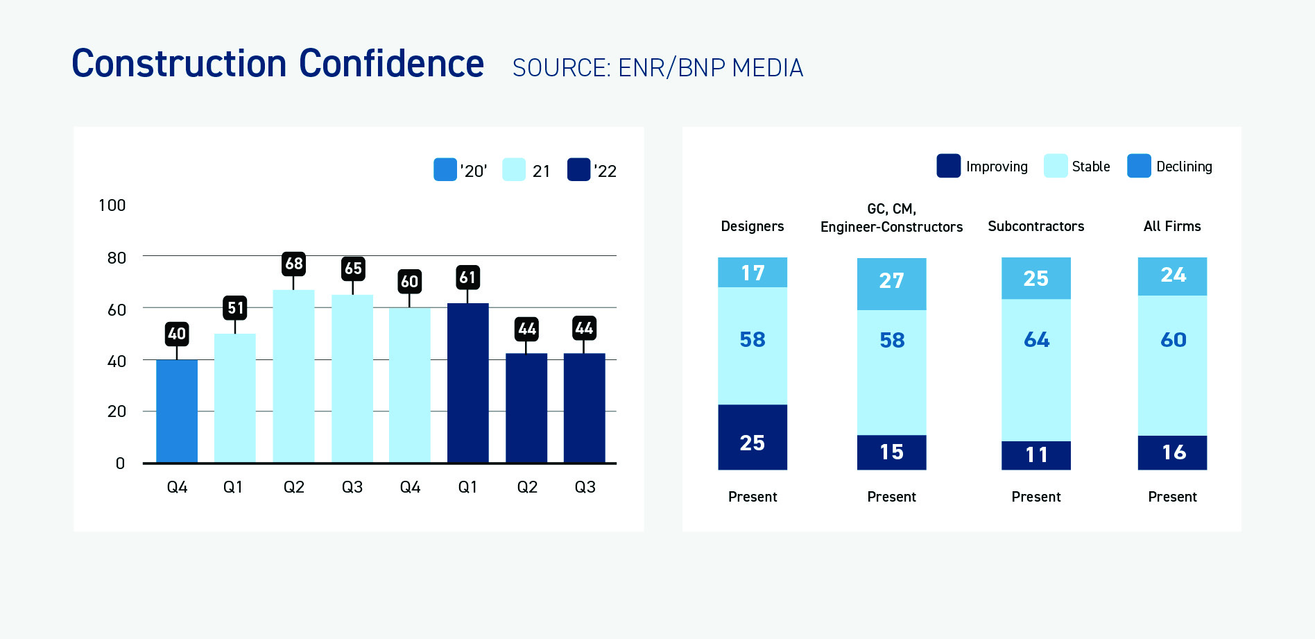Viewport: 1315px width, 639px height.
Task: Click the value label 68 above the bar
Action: pyautogui.click(x=294, y=264)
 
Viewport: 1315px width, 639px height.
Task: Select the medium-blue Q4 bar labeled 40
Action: pyautogui.click(x=177, y=411)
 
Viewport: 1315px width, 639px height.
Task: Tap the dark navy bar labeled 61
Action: pyautogui.click(x=467, y=383)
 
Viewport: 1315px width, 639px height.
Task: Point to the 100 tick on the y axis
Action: pyautogui.click(x=112, y=205)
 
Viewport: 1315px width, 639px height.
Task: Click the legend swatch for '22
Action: pyautogui.click(x=578, y=170)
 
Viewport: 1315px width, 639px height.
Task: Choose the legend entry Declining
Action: pyautogui.click(x=1183, y=167)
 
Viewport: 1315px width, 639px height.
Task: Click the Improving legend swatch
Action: pyautogui.click(x=948, y=167)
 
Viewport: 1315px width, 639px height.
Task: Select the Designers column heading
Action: pyautogui.click(x=752, y=226)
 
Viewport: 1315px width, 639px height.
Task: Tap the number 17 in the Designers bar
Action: pyautogui.click(x=753, y=273)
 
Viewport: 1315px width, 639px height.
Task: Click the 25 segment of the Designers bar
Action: pyautogui.click(x=753, y=443)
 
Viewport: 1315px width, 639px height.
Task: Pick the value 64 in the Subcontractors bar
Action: pyautogui.click(x=1036, y=339)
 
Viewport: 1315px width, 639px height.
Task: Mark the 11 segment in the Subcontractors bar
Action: pyautogui.click(x=1036, y=454)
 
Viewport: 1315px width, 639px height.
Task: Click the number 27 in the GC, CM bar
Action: pyautogui.click(x=891, y=280)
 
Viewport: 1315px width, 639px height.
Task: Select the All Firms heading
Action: pyautogui.click(x=1172, y=226)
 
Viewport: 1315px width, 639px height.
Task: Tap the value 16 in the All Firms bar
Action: pyautogui.click(x=1174, y=452)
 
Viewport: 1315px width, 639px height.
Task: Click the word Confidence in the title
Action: pyautogui.click(x=391, y=64)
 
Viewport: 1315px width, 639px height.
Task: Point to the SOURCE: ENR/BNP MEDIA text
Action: pyautogui.click(x=657, y=68)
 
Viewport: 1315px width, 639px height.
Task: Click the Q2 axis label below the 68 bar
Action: pyautogui.click(x=294, y=487)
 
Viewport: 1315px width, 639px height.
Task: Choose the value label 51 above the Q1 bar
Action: pyautogui.click(x=235, y=308)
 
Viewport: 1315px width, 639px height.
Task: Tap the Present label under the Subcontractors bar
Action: pyautogui.click(x=1036, y=497)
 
